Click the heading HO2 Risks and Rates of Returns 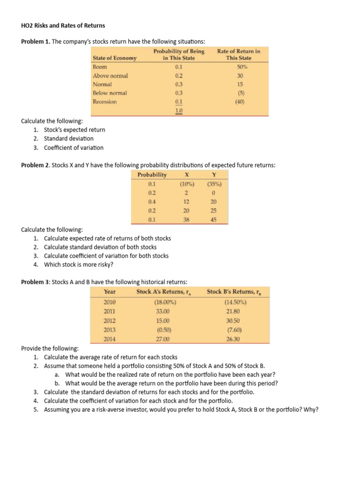[x=63, y=25]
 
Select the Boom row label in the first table [x=100, y=67]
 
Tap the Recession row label [x=105, y=102]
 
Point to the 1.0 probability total [x=179, y=111]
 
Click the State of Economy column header [x=115, y=58]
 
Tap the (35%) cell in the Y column [x=214, y=184]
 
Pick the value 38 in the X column [x=186, y=219]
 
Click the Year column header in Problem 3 [x=110, y=292]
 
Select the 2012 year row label [x=110, y=321]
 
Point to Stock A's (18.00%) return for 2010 [x=162, y=302]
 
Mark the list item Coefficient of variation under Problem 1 [x=74, y=148]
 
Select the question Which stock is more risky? [x=79, y=264]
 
